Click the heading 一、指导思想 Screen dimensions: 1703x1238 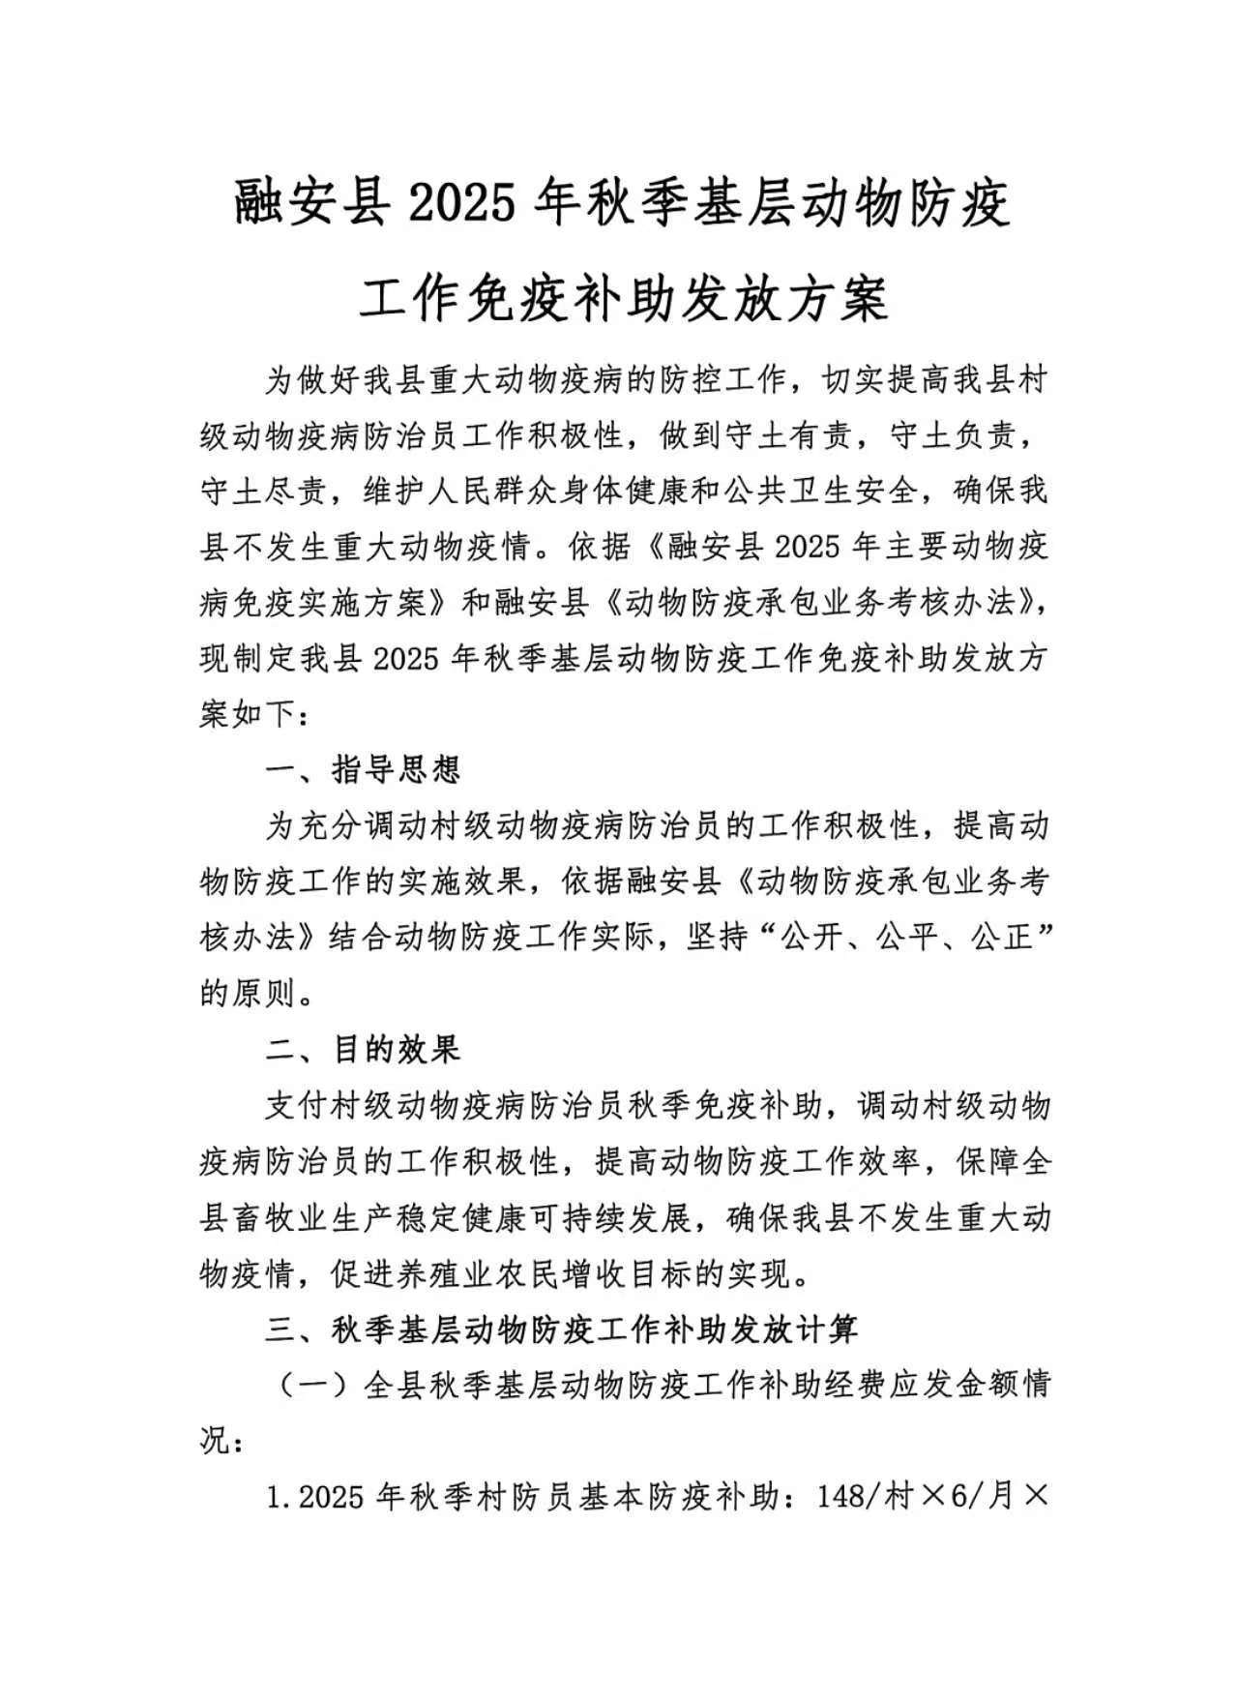pos(364,769)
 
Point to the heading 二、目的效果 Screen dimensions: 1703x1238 pos(364,1049)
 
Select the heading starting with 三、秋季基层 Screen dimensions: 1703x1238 pos(561,1330)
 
